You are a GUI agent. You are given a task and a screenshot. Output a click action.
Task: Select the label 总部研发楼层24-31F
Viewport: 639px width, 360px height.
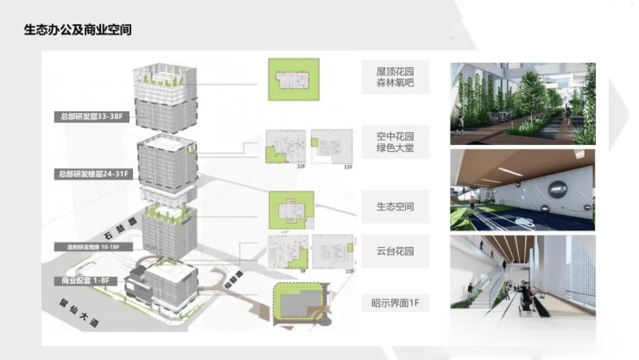coord(93,174)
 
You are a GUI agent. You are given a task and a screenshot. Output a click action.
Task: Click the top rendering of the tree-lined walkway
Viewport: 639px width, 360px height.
coord(522,103)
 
